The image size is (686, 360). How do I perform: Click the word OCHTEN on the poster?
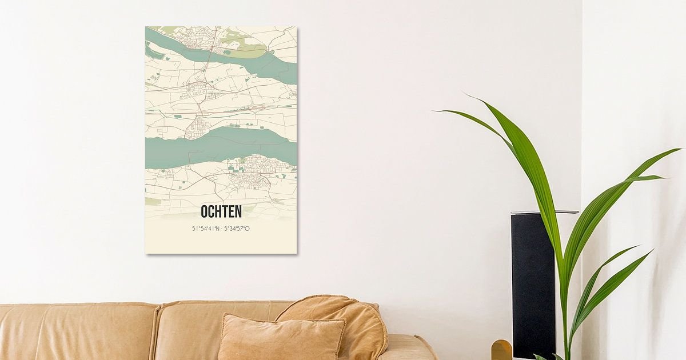pyautogui.click(x=221, y=212)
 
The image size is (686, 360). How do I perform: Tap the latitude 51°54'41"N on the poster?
pyautogui.click(x=206, y=229)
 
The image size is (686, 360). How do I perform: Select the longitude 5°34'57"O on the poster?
pyautogui.click(x=237, y=229)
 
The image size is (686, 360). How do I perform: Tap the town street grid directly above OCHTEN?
pyautogui.click(x=249, y=182)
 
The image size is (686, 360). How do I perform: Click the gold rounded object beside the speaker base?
pyautogui.click(x=501, y=350)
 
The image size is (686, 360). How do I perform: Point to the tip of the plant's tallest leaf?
pyautogui.click(x=464, y=94)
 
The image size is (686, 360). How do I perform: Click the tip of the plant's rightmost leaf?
pyautogui.click(x=680, y=149)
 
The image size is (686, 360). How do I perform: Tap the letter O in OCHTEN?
pyautogui.click(x=205, y=212)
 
